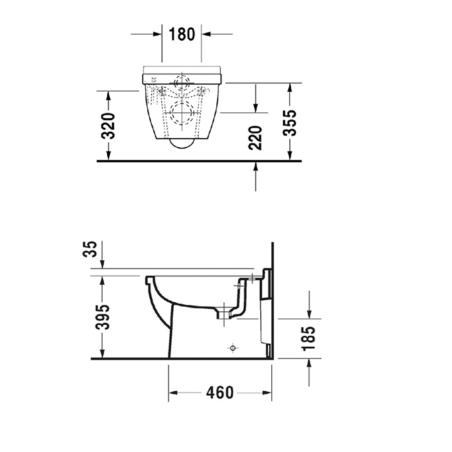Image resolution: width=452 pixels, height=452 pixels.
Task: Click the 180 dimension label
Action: tap(181, 34)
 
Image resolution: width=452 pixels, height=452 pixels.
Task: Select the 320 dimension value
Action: tap(109, 126)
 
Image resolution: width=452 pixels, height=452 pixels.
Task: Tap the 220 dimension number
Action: tap(255, 138)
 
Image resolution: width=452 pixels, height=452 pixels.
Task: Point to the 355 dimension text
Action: tap(289, 123)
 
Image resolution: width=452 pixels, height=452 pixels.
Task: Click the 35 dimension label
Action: tap(90, 250)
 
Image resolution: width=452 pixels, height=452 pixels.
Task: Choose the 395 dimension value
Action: tap(103, 317)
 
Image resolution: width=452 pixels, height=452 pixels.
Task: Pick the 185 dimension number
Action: tap(309, 338)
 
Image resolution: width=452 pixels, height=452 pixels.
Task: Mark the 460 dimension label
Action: tap(220, 393)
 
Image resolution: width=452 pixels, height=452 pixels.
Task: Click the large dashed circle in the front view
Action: tap(181, 113)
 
